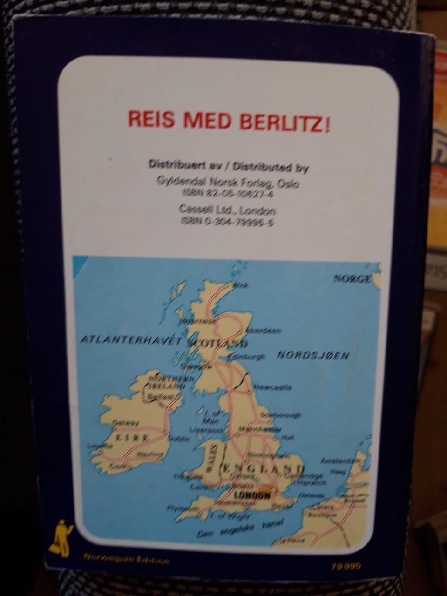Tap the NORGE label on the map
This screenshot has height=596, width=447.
(353, 279)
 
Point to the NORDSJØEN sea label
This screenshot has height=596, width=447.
(313, 356)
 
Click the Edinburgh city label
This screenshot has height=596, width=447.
(247, 358)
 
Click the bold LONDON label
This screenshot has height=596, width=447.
(251, 496)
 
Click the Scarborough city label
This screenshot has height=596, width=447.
(282, 414)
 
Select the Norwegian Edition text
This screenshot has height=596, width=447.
(126, 561)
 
